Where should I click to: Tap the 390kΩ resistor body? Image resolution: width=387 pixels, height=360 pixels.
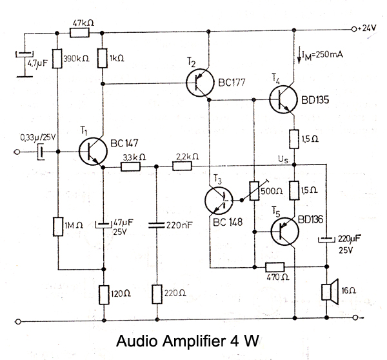pyautogui.click(x=57, y=60)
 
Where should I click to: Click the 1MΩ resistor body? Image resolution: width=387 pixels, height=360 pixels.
pyautogui.click(x=57, y=227)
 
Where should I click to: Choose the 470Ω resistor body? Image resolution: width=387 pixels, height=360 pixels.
pyautogui.click(x=275, y=266)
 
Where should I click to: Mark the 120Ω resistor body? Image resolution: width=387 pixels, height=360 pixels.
pyautogui.click(x=103, y=294)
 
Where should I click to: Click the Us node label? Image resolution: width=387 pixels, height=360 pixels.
pyautogui.click(x=282, y=159)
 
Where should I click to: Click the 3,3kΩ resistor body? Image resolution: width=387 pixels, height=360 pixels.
pyautogui.click(x=132, y=166)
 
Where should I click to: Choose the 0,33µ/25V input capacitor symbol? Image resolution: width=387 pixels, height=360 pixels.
pyautogui.click(x=40, y=152)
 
